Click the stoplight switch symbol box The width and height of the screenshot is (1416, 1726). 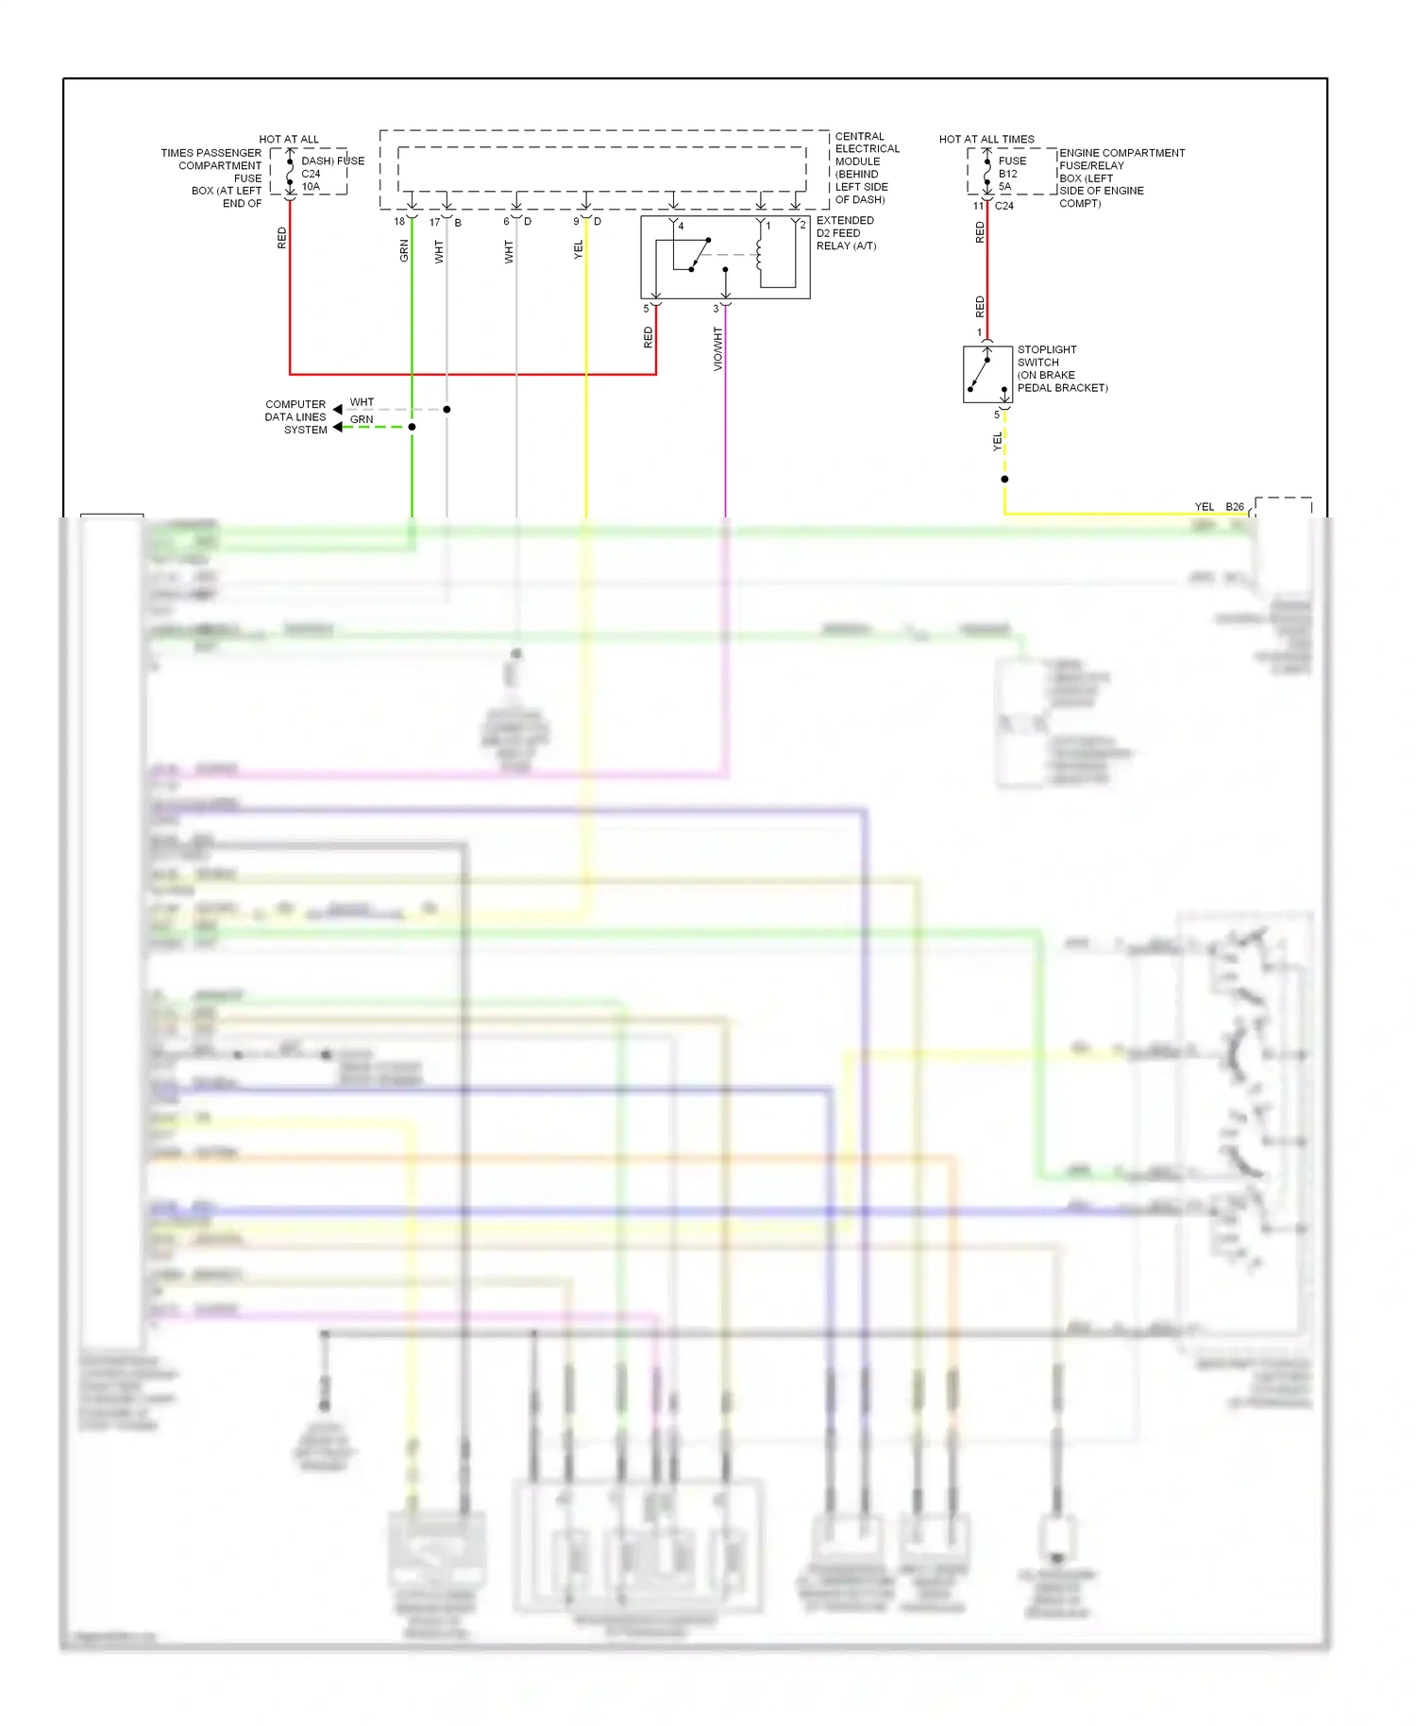click(987, 374)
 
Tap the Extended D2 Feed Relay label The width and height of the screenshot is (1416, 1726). click(846, 233)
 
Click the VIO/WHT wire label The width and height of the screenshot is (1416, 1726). click(717, 348)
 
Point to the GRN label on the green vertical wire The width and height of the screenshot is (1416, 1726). click(404, 250)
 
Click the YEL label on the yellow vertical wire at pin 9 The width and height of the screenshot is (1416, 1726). click(578, 250)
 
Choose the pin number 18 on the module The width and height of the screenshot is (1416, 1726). click(399, 222)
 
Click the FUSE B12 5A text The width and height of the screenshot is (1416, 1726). click(1011, 174)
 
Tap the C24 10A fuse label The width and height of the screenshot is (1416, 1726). click(312, 179)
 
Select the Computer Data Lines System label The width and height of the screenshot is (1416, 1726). click(295, 416)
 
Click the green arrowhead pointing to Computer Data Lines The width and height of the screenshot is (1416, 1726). click(338, 428)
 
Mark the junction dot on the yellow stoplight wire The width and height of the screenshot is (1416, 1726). click(1004, 479)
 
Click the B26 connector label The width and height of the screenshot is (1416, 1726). click(1235, 507)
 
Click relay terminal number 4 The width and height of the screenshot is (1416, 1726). click(681, 227)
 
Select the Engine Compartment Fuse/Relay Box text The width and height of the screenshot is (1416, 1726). click(1121, 178)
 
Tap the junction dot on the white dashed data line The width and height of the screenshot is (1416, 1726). click(447, 410)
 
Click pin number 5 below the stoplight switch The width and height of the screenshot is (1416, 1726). click(996, 415)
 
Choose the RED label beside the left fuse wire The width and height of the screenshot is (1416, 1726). click(281, 238)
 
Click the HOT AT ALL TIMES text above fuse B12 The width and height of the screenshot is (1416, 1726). click(986, 139)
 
